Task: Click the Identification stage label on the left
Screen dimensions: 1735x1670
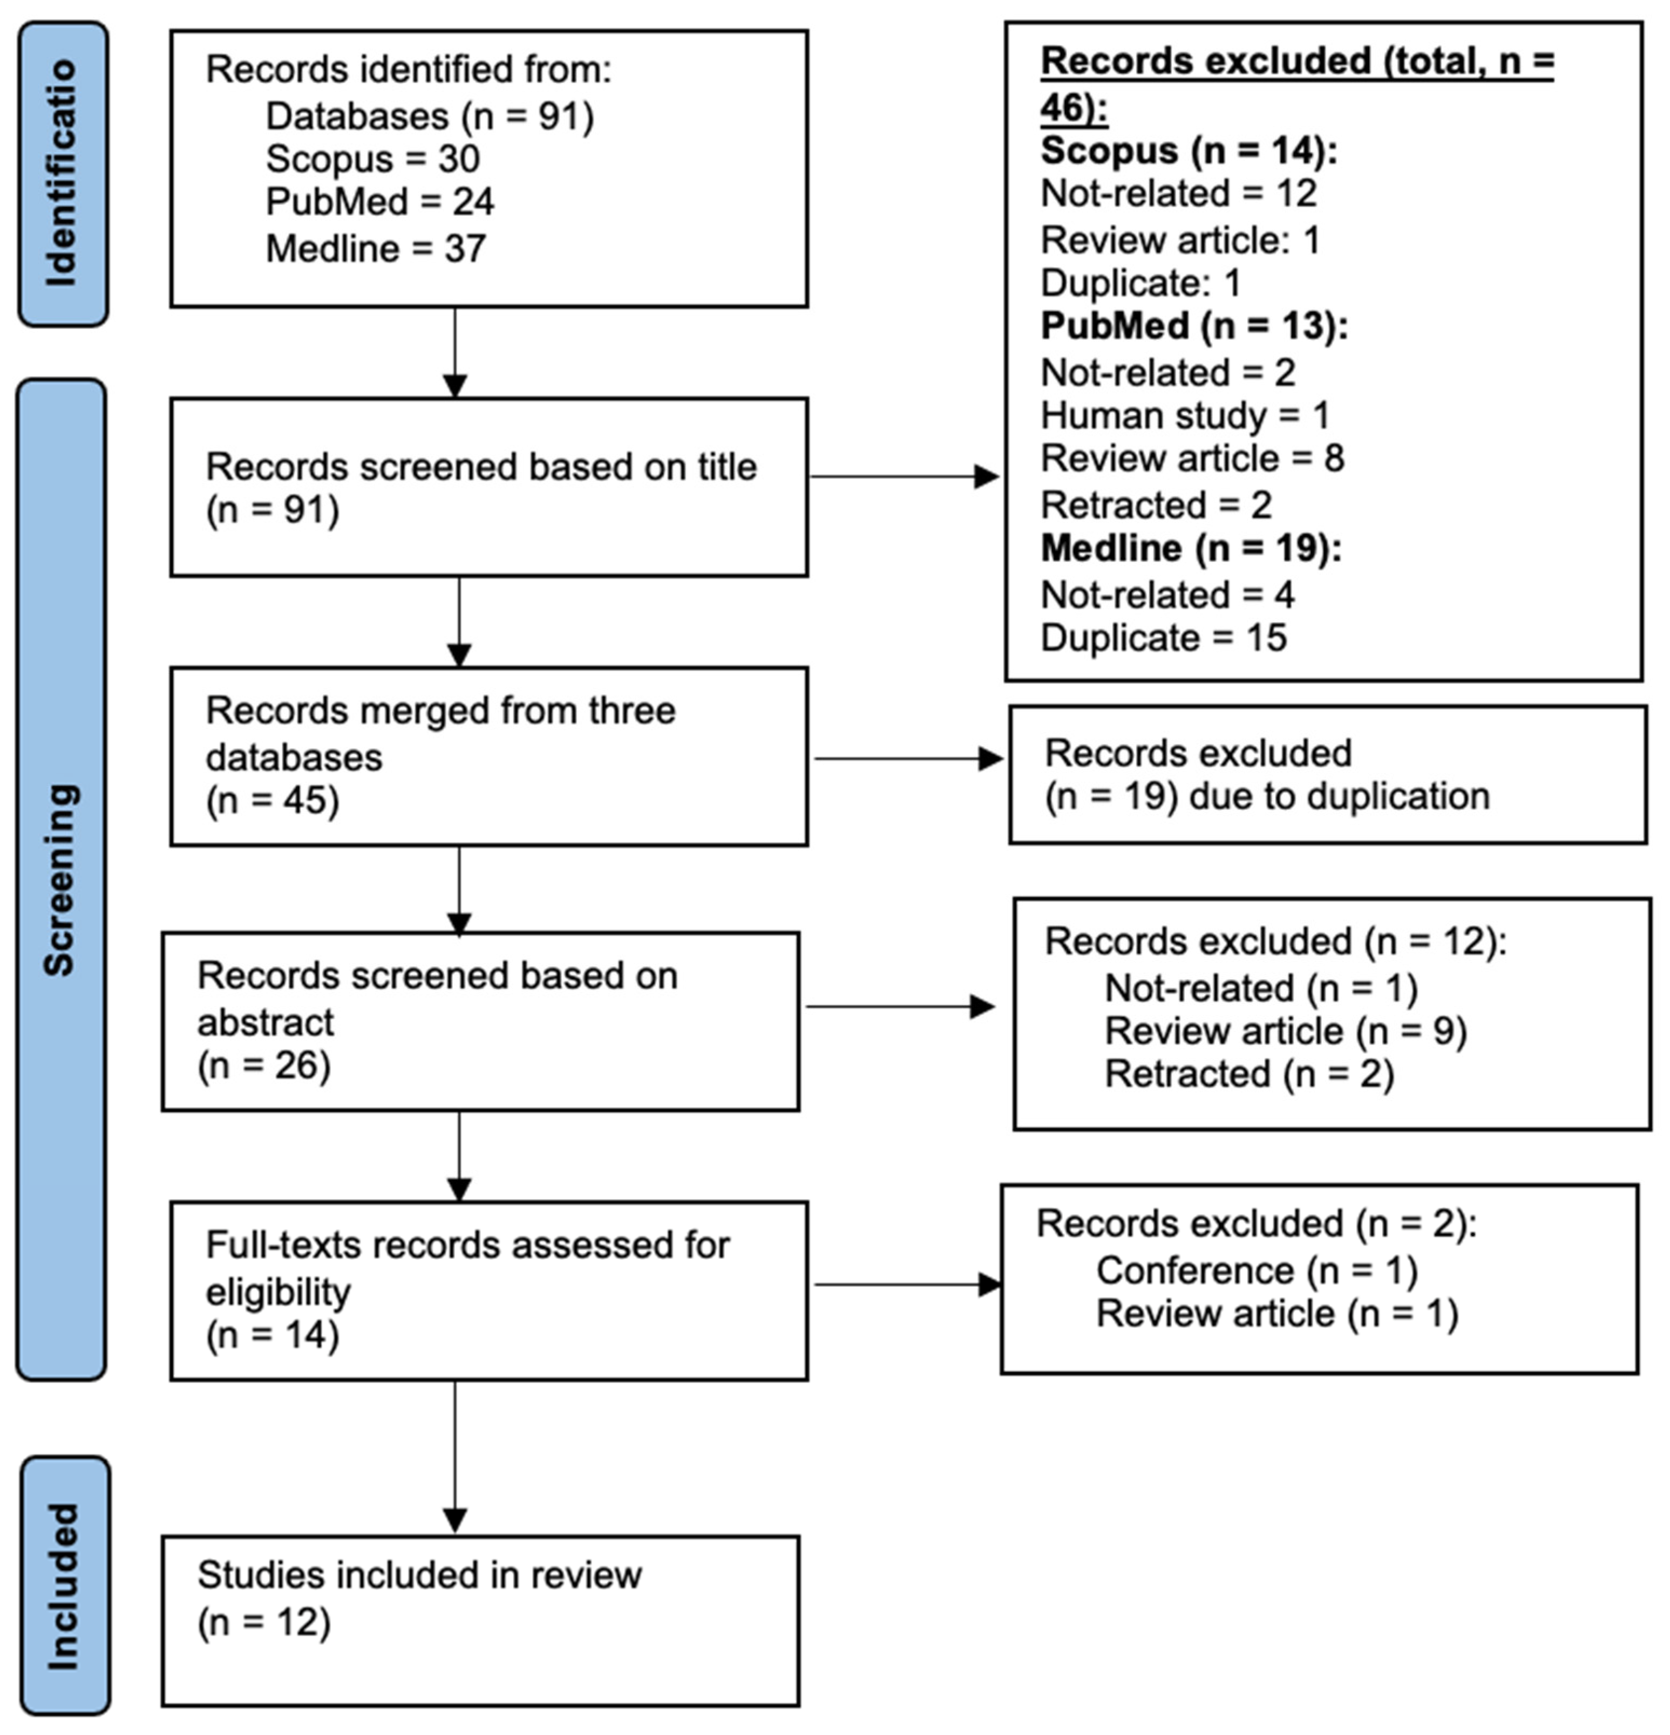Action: (62, 174)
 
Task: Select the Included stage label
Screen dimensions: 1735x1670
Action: (64, 1586)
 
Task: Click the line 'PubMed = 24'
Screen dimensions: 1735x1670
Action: (380, 203)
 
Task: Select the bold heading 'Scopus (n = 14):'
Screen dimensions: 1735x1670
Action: (1187, 152)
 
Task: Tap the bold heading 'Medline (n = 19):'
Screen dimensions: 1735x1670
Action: (1190, 549)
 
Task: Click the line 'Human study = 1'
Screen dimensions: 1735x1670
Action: (1185, 415)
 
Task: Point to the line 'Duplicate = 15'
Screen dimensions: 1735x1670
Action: (1163, 638)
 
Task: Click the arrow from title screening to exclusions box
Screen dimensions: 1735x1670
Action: (903, 477)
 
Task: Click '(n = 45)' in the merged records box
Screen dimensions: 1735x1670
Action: (273, 801)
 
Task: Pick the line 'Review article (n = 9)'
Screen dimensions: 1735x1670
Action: (1285, 1032)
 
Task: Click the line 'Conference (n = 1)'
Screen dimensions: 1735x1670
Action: (1257, 1271)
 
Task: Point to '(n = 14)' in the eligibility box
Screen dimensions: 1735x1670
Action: (273, 1335)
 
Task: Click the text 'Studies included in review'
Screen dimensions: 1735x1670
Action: (419, 1576)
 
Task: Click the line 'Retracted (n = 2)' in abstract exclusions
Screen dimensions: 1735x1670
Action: (1248, 1075)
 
